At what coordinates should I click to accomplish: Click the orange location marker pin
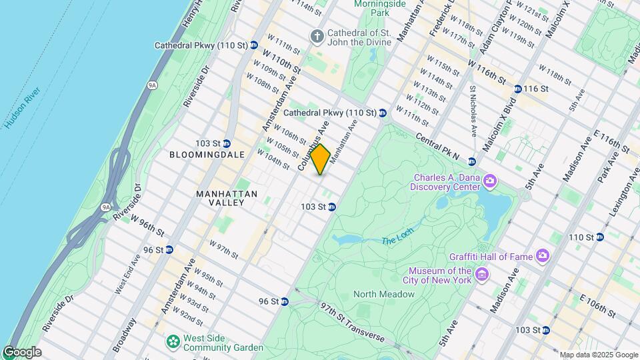[321, 159]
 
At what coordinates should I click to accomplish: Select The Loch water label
[397, 237]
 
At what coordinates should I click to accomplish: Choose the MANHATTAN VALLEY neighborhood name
[227, 199]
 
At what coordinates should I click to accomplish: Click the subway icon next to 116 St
[517, 89]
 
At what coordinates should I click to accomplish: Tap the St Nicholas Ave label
[473, 109]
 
